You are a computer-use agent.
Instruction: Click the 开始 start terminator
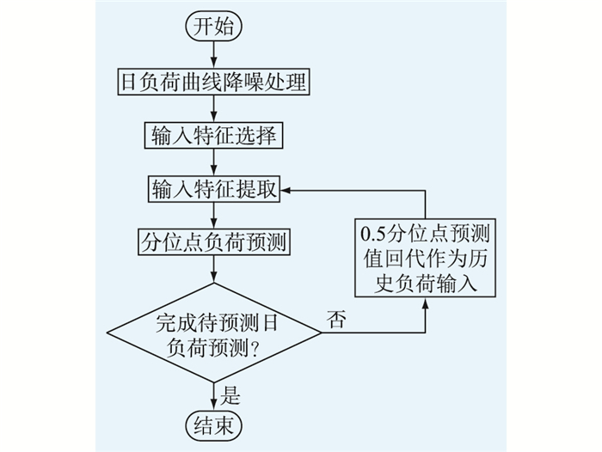click(214, 27)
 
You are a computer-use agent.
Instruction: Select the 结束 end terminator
click(214, 426)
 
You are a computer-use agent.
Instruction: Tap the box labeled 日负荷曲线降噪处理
click(213, 82)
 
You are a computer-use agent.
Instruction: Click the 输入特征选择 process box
click(213, 136)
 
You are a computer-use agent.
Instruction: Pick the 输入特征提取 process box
click(214, 189)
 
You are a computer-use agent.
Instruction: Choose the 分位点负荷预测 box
click(214, 242)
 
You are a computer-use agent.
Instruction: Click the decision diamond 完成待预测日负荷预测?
click(214, 333)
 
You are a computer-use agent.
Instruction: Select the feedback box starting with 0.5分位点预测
click(426, 258)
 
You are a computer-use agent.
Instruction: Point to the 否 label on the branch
click(336, 319)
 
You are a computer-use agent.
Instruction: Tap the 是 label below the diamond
click(230, 395)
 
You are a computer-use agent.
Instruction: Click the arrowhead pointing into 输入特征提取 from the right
click(286, 190)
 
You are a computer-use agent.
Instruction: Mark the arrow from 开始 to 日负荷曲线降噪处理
click(214, 54)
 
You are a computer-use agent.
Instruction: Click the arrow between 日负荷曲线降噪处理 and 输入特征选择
click(214, 109)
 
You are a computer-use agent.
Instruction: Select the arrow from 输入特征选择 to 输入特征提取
click(214, 162)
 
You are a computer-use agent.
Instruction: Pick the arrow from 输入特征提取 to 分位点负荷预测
click(214, 216)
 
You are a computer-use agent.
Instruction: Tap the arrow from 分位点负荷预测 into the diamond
click(214, 269)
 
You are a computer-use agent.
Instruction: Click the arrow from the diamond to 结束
click(214, 398)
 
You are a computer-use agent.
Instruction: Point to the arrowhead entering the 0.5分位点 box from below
click(426, 303)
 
